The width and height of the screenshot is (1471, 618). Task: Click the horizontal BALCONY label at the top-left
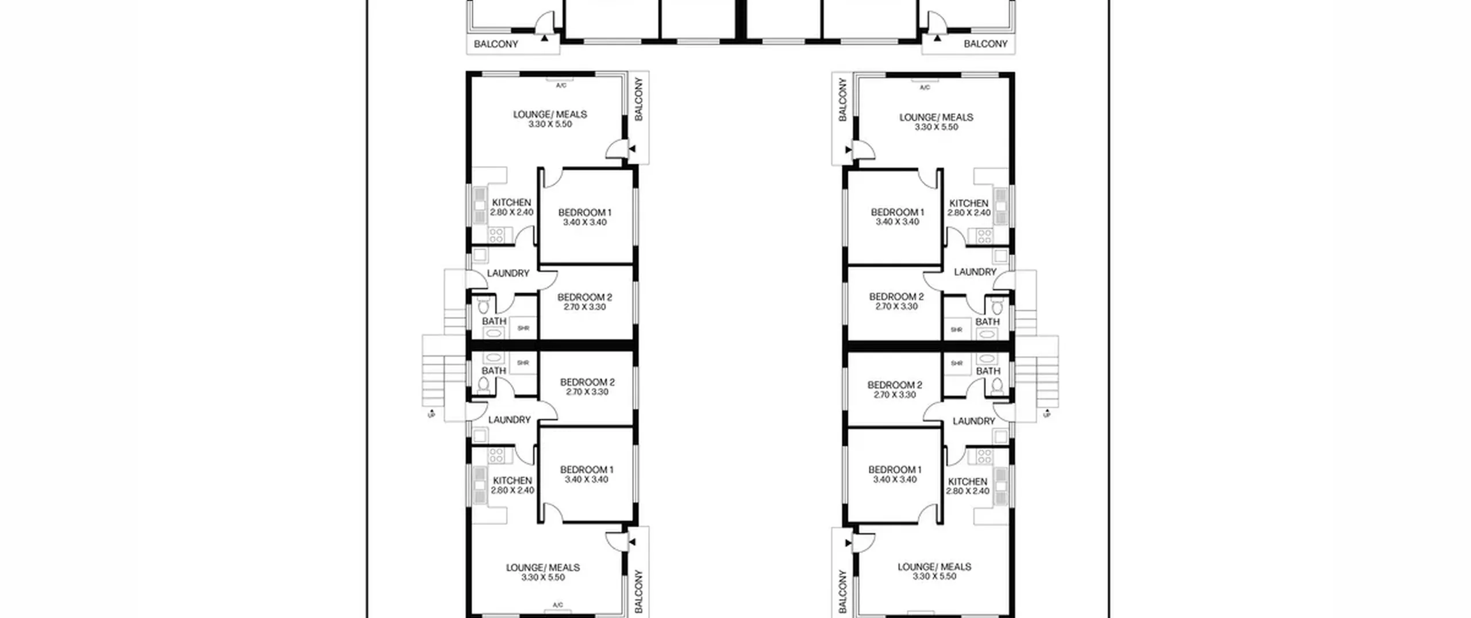coord(496,44)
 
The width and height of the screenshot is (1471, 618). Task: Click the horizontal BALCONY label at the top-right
coord(985,44)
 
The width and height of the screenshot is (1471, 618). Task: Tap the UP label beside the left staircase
coord(431,414)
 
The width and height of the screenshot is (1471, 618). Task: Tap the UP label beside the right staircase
coord(1046,413)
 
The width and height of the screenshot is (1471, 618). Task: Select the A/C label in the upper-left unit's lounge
coord(561,86)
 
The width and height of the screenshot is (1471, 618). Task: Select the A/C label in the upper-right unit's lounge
coord(925,88)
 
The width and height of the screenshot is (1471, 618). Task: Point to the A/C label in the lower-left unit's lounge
coord(557,605)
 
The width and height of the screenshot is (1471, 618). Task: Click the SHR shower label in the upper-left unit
coord(523,328)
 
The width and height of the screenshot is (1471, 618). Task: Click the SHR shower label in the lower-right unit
coord(956,363)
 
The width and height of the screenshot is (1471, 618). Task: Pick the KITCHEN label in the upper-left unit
coord(511,202)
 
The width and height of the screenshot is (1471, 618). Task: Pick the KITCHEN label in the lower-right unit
coord(968,482)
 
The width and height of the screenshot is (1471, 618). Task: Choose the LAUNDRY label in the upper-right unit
coord(975,272)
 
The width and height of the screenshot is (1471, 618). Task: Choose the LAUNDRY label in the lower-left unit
coord(509,420)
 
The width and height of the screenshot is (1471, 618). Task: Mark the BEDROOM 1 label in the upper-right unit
coord(898,212)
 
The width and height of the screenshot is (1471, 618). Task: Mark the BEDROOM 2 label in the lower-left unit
coord(587,382)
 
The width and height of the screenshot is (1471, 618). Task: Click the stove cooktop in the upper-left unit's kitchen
coord(496,235)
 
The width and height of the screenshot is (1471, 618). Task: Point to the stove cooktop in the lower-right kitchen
coord(984,456)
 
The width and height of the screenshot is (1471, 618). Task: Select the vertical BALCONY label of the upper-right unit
coord(842,99)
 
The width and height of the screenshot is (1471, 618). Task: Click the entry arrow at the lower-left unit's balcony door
coord(632,542)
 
